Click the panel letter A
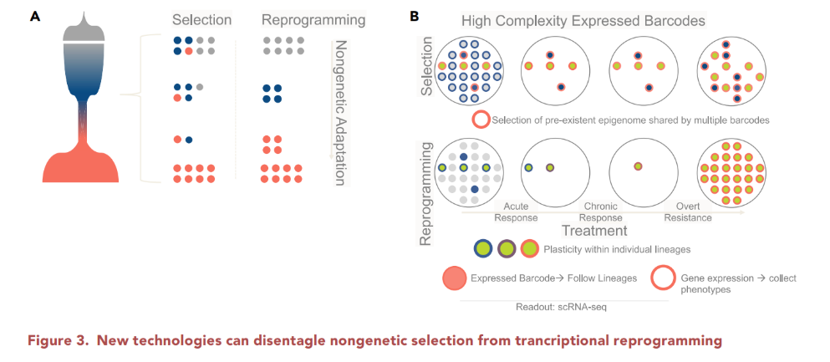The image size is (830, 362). point(34,16)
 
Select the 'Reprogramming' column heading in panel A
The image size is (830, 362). point(313,18)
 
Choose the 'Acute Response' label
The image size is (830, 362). point(515,212)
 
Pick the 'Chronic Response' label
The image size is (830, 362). point(602,212)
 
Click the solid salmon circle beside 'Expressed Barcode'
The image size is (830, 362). point(452,279)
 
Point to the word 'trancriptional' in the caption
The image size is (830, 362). point(570,339)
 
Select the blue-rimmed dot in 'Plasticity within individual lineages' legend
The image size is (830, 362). point(482,248)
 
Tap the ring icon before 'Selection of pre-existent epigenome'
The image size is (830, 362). point(481,120)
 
